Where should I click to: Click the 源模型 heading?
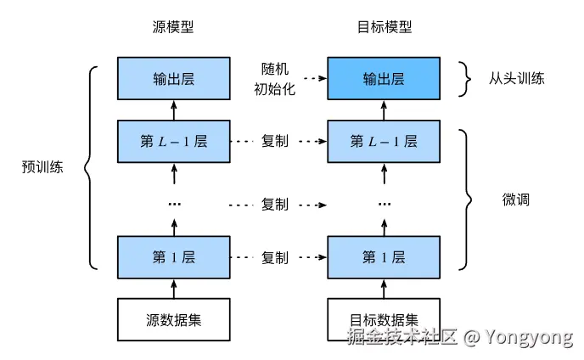click(173, 27)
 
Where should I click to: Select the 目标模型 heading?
click(384, 27)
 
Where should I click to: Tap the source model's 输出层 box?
click(173, 78)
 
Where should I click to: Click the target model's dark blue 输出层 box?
click(384, 78)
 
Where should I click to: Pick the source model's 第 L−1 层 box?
click(173, 141)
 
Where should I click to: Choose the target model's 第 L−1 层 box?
click(384, 141)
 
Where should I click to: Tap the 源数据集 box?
click(173, 320)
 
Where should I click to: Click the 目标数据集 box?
click(384, 320)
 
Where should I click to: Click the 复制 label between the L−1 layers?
click(275, 141)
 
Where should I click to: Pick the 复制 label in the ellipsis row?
click(275, 205)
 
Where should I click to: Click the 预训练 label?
click(42, 167)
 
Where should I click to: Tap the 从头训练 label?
click(516, 78)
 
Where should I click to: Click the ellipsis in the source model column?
click(173, 205)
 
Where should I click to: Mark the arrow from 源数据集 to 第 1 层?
click(173, 289)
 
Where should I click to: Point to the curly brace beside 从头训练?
click(464, 78)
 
